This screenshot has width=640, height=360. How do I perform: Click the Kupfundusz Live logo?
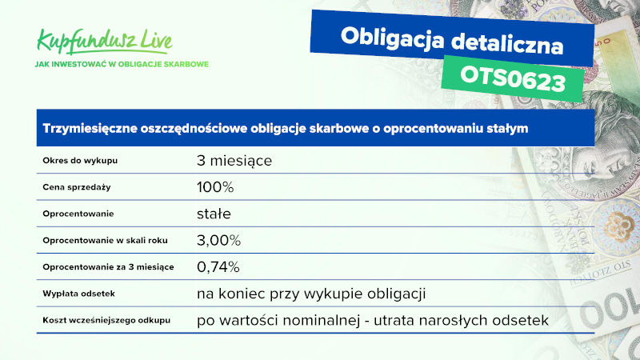105,42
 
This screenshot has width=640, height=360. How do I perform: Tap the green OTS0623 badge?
513,78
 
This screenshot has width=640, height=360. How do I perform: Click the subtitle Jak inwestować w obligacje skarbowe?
122,64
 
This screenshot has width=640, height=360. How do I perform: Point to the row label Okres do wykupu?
80,161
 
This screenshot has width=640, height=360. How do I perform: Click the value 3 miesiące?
234,161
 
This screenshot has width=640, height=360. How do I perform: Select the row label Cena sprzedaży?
77,187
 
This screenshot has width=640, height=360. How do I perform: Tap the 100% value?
215,187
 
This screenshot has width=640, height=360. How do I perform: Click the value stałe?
214,214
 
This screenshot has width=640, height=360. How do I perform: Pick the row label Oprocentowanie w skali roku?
106,241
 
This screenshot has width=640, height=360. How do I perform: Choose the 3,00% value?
218,241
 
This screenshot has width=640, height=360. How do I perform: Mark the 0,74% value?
218,267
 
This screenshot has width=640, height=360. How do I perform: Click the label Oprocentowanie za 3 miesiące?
108,267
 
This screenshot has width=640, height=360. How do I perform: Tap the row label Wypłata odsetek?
78,294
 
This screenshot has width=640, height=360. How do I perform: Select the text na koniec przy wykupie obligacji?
311,294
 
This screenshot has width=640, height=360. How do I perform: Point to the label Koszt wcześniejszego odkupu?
106,321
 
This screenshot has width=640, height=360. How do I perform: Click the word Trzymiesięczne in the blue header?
90,129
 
